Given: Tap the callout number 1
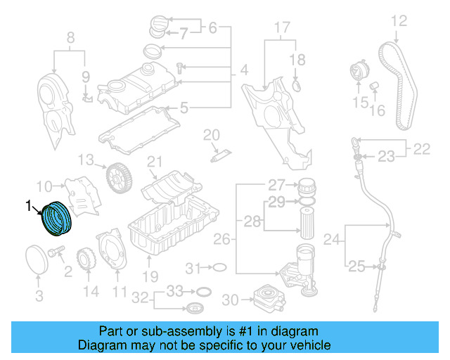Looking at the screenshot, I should pos(29,206).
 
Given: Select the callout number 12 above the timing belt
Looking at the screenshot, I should pos(399,21).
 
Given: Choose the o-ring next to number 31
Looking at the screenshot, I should pos(219,267).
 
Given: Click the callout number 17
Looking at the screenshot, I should pos(281,29).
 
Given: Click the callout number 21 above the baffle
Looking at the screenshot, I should pos(155,162).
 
